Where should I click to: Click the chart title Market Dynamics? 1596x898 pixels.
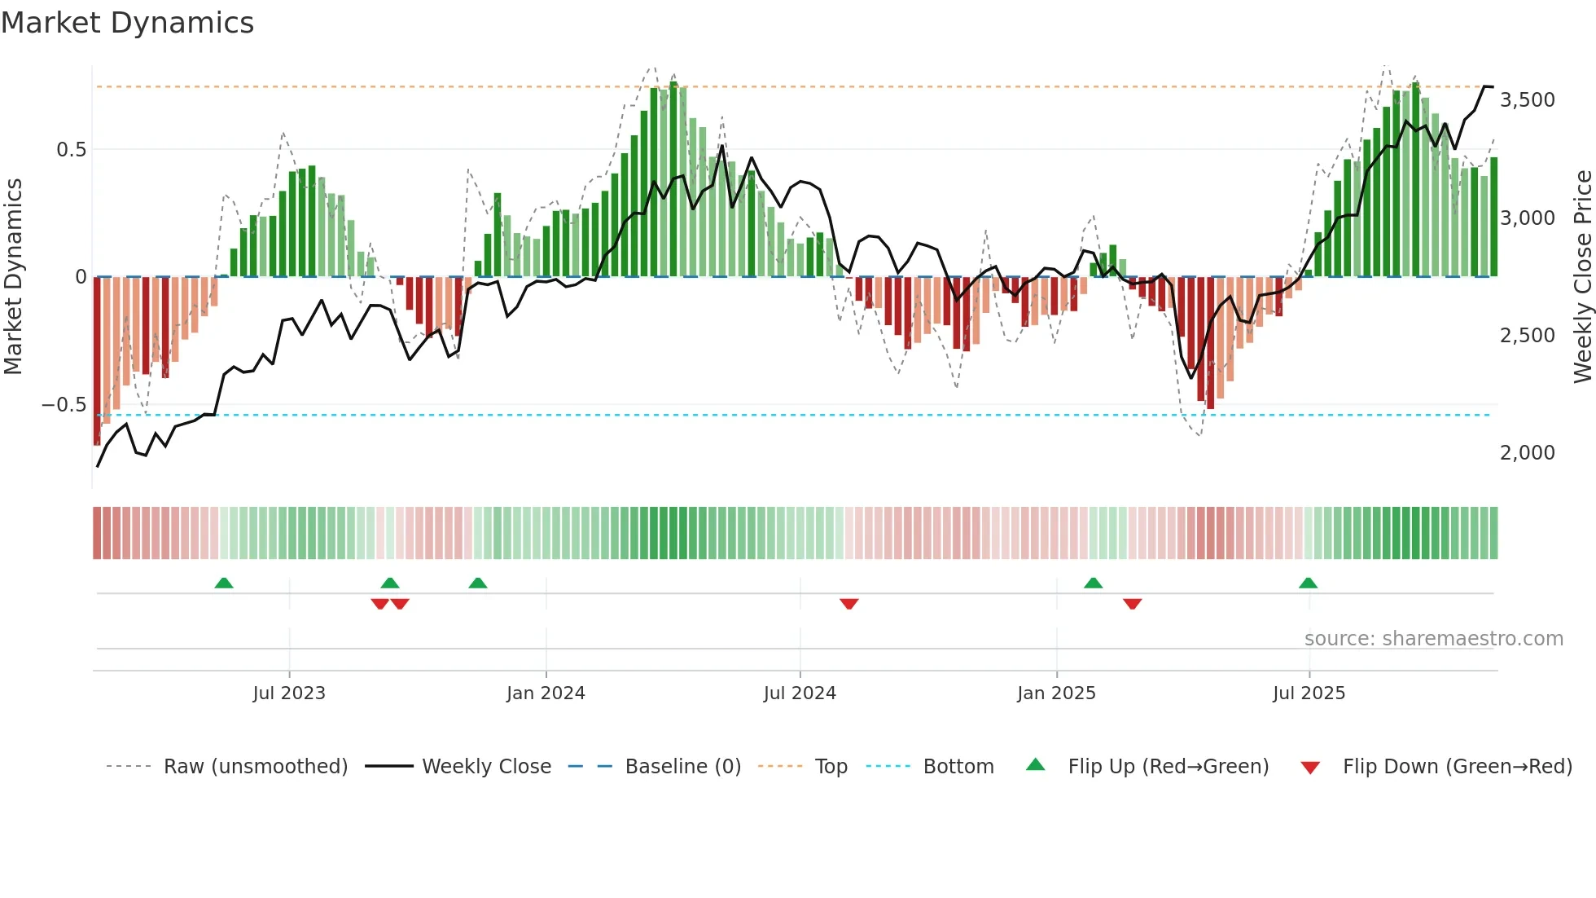127,23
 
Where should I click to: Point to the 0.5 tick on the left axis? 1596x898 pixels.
71,150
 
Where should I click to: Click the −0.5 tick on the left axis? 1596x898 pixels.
64,405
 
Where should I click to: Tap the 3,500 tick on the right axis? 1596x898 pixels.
1527,100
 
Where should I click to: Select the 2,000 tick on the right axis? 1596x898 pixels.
1527,453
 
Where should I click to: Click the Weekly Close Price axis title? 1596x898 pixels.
1582,277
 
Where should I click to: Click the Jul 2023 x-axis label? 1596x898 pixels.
289,693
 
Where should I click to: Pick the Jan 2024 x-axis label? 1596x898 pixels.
546,693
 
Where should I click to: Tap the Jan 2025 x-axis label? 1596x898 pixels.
1056,693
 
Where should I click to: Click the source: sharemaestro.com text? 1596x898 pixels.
1433,639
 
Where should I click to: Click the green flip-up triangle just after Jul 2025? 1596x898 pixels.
1308,583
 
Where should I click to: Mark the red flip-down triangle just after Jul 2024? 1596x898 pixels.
848,604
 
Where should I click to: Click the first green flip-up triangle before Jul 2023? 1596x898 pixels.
224,583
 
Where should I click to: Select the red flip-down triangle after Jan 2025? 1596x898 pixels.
1132,604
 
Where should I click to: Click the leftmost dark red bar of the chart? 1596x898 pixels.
97,360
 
